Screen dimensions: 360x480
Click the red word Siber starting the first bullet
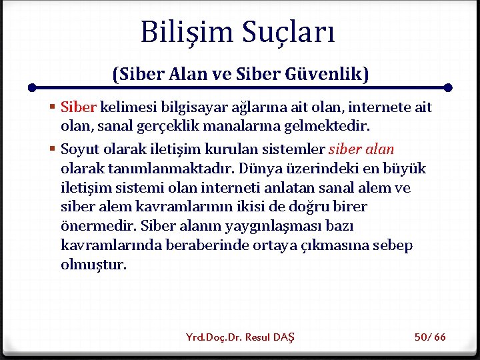pos(79,107)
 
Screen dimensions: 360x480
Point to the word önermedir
pos(91,226)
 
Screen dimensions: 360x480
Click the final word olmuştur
pos(93,265)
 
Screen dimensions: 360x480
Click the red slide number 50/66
pos(430,337)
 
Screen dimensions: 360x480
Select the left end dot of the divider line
pos(31,87)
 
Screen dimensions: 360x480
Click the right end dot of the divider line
pos(448,87)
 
